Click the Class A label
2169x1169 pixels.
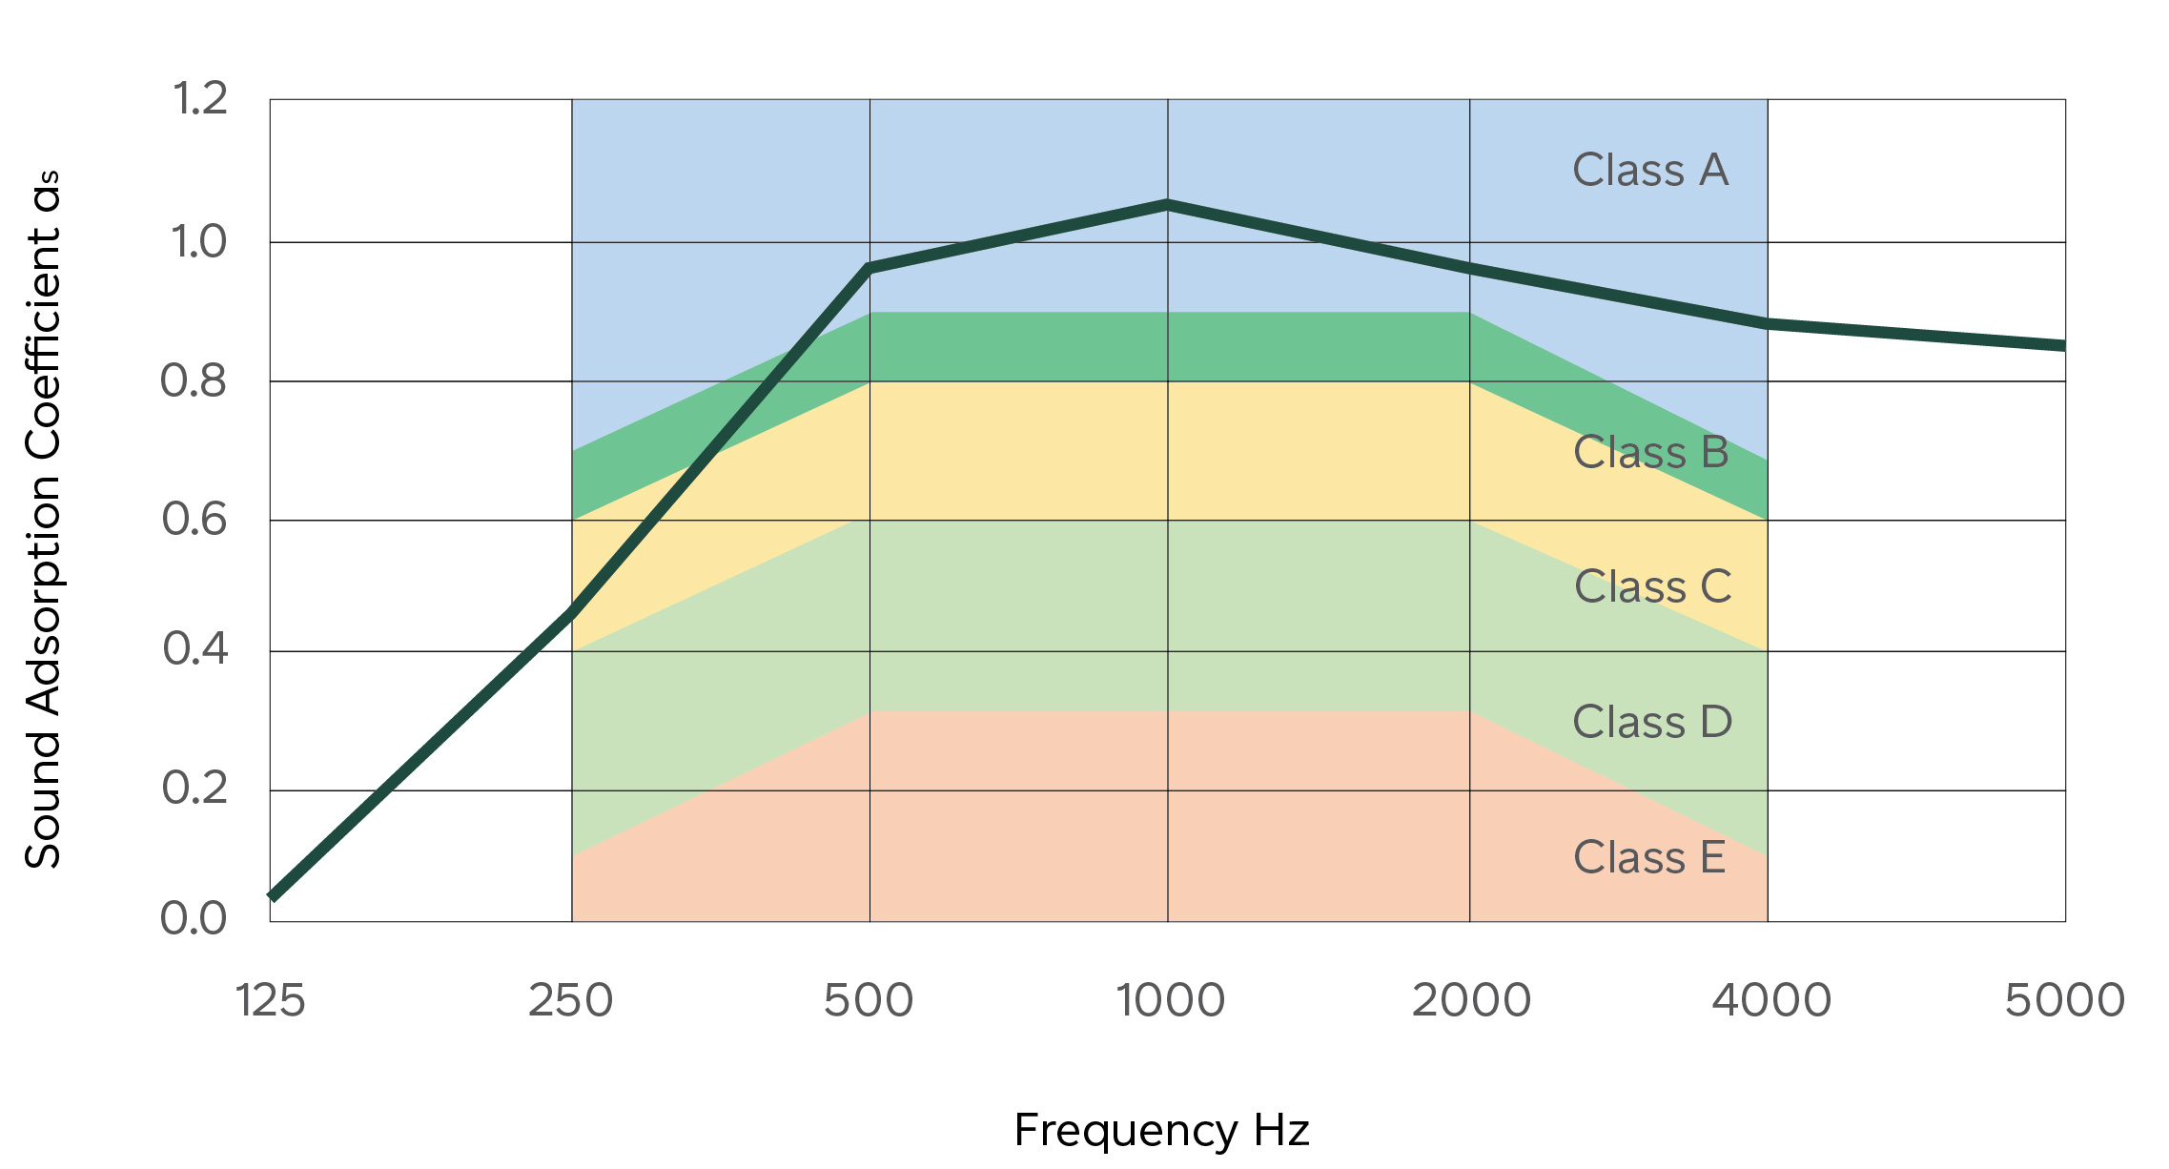pos(1650,171)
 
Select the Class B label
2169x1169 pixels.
pos(1650,452)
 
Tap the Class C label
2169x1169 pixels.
pos(1652,586)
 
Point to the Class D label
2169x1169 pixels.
pos(1652,722)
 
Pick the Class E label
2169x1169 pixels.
pos(1649,857)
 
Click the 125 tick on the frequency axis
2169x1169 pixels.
pos(271,1001)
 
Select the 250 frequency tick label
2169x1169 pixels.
pos(570,1001)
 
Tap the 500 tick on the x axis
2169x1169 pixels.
pos(869,1001)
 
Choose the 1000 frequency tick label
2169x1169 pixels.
pos(1170,1001)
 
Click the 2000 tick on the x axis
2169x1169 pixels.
pos(1471,1001)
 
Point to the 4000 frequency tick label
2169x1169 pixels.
pos(1771,1001)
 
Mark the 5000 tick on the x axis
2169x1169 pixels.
pos(2065,1001)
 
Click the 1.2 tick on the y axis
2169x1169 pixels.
pos(200,99)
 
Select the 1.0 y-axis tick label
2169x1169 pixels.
pos(199,242)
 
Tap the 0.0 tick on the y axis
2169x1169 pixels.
pos(194,918)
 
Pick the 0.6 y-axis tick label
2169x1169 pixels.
pos(194,520)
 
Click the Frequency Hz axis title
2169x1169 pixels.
pos(1161,1131)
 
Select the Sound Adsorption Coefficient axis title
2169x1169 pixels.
pos(44,520)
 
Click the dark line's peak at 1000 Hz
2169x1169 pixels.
pos(1168,204)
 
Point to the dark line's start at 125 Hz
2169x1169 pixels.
pos(274,896)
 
